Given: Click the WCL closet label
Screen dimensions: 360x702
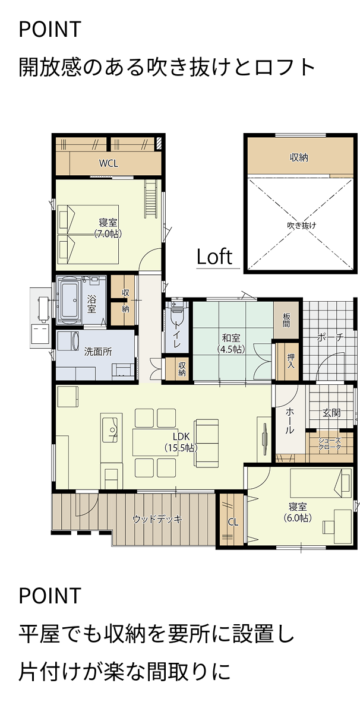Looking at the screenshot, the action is click(108, 163).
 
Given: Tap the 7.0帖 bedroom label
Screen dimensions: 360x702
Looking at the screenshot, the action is click(108, 228).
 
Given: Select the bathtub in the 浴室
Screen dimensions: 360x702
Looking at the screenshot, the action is click(70, 299).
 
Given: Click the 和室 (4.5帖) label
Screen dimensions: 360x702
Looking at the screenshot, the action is click(231, 343).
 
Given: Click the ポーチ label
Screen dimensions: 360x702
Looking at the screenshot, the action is click(330, 337).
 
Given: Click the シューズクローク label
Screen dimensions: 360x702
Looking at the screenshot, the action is click(330, 444).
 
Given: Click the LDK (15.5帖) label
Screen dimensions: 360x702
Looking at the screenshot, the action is click(182, 441).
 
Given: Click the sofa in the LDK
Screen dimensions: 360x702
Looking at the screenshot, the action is click(206, 443).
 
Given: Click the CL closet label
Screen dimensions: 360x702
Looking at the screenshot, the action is click(233, 522).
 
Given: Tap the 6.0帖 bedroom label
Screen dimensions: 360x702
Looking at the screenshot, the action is click(298, 512).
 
